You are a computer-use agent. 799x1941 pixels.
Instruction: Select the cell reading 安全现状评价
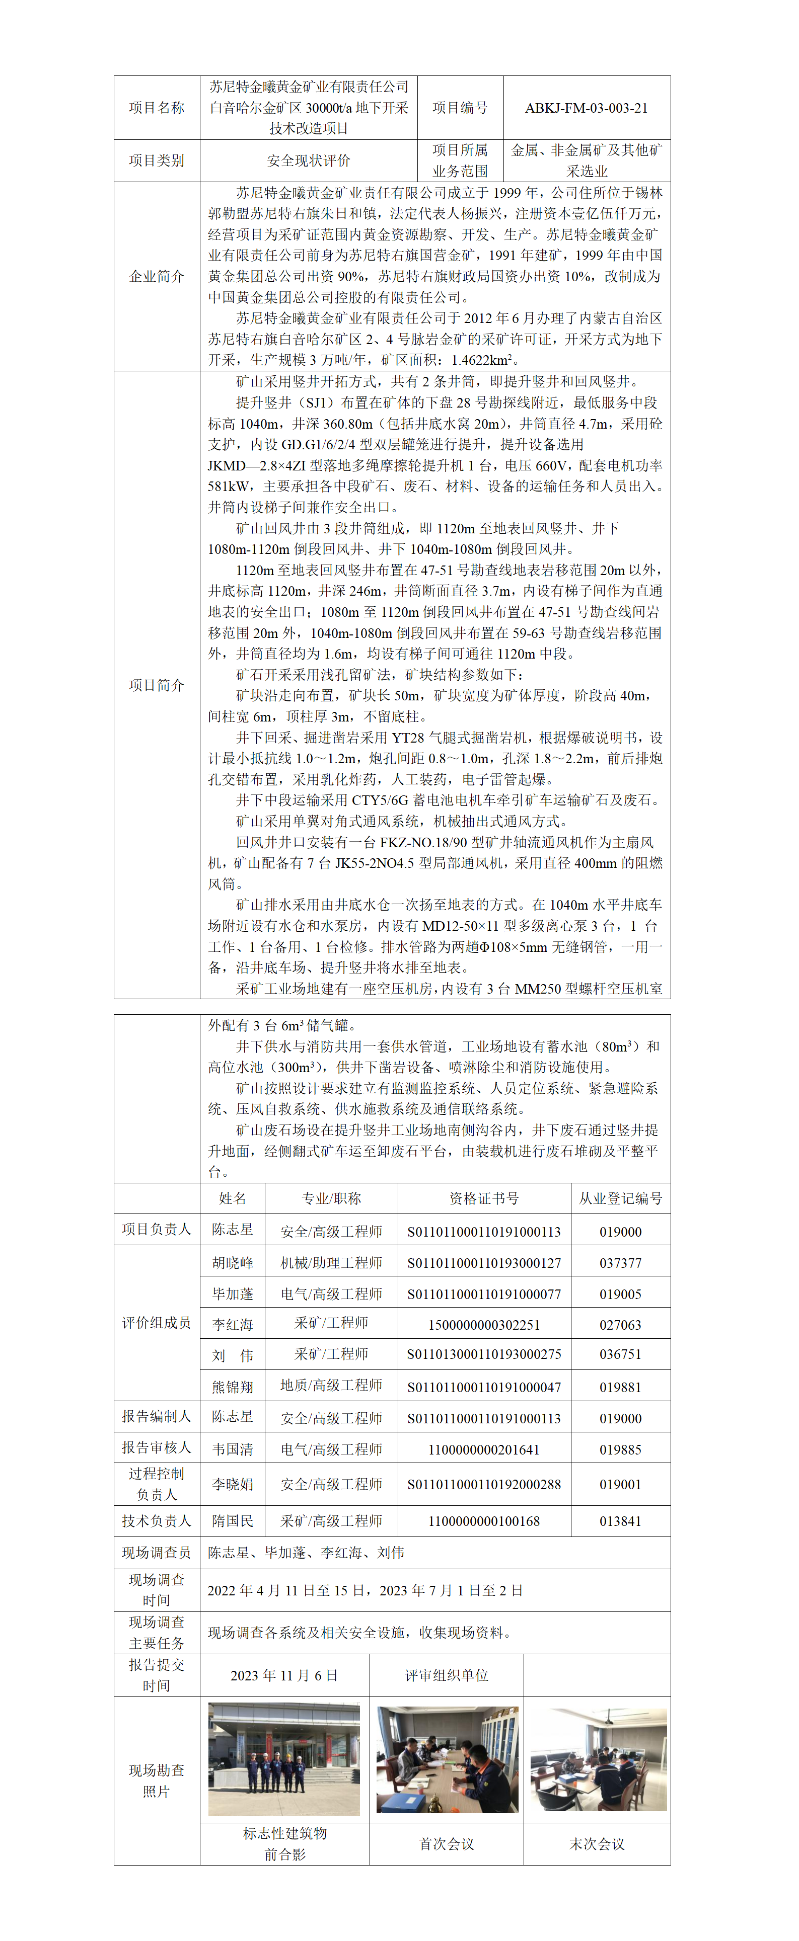point(308,160)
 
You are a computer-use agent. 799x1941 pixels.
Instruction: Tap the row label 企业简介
point(156,276)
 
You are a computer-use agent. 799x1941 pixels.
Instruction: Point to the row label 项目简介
point(156,685)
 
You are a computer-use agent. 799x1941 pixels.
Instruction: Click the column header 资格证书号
point(484,1198)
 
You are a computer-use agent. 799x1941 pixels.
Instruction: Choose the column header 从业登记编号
point(620,1198)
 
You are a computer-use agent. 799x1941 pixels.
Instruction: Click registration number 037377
point(620,1263)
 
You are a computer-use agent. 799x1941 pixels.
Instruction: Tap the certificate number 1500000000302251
point(484,1325)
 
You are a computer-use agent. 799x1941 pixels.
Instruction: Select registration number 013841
point(620,1521)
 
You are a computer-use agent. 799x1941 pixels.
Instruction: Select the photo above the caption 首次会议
point(447,1759)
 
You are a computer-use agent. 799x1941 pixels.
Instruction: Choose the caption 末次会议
point(597,1844)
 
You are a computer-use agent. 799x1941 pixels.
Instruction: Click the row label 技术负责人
point(156,1521)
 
